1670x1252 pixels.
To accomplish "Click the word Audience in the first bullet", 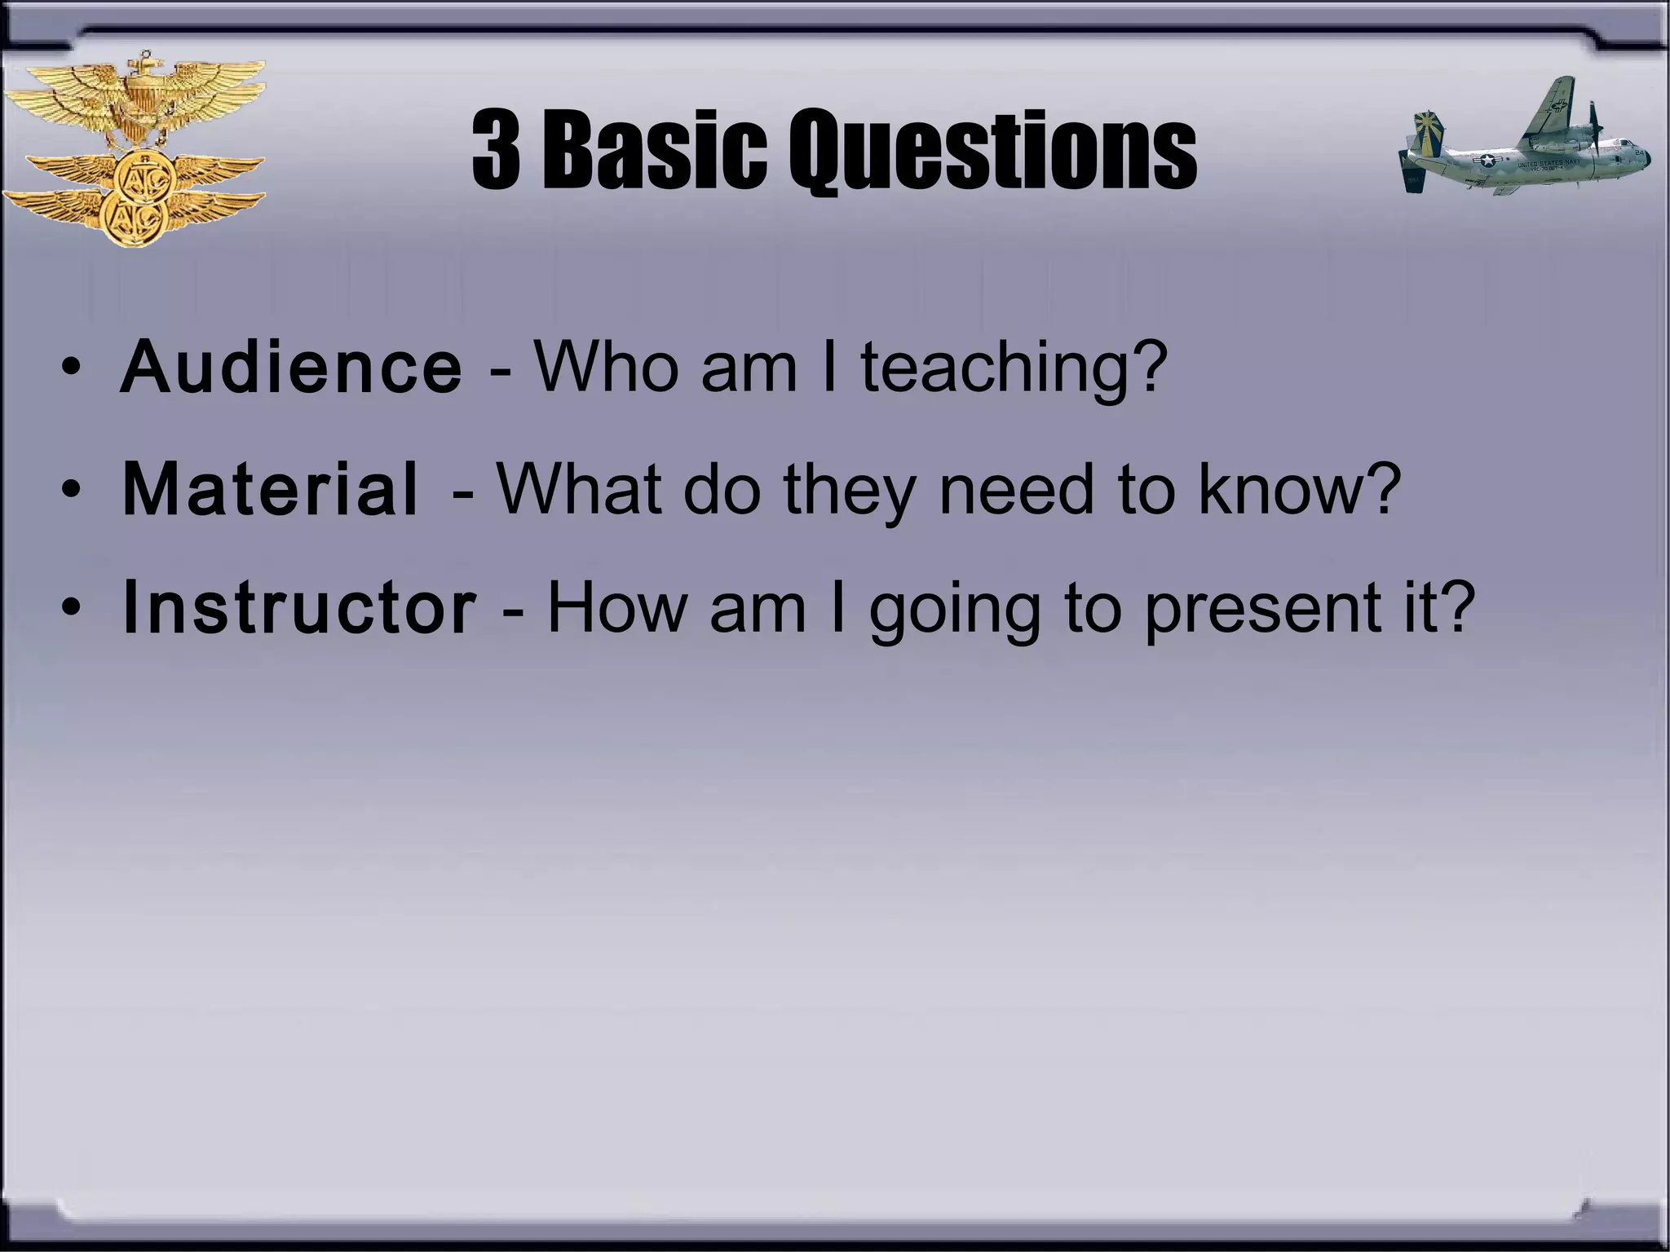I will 291,368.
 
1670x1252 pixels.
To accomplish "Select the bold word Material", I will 270,490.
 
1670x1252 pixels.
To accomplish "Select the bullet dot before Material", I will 71,491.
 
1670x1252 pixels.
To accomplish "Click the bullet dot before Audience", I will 71,369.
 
